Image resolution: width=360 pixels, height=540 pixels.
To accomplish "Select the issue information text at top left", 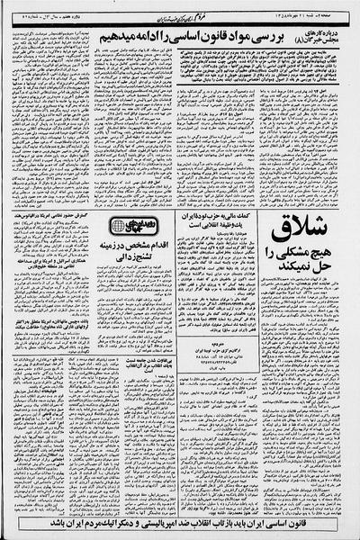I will click(49, 10).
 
